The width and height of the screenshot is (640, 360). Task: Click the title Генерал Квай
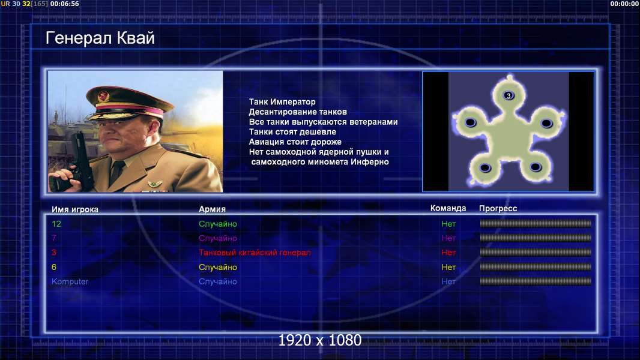[x=100, y=38]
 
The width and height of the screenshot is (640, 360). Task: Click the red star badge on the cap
[x=103, y=97]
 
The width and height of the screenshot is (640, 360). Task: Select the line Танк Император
[x=282, y=102]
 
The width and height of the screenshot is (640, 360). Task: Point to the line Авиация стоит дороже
[x=295, y=142]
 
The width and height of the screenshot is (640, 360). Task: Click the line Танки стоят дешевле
[x=292, y=131]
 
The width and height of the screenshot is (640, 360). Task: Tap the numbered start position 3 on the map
[x=509, y=95]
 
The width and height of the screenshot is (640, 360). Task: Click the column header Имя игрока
[x=75, y=209]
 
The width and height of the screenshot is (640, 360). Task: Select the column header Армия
[x=213, y=209]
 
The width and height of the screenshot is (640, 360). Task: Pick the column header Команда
[x=448, y=208]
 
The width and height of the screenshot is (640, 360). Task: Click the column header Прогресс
[x=498, y=209]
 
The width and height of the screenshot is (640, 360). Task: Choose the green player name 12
[x=56, y=224]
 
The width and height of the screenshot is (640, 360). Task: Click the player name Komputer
[x=70, y=282]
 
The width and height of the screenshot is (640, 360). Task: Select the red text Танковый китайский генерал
[x=255, y=253]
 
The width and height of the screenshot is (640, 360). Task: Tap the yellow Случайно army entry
[x=218, y=268]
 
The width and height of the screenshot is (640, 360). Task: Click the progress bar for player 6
[x=536, y=267]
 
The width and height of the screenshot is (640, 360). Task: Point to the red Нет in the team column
[x=448, y=253]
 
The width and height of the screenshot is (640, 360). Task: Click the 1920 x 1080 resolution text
[x=320, y=340]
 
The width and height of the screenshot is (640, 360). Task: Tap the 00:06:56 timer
[x=64, y=4]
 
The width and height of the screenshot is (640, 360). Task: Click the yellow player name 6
[x=54, y=268]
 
